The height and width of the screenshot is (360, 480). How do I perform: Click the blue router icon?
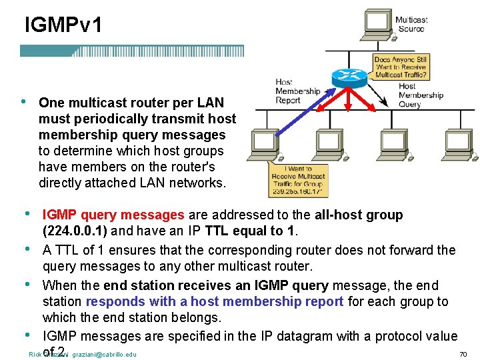[349, 77]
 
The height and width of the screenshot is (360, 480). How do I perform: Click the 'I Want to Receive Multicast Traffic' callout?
[296, 180]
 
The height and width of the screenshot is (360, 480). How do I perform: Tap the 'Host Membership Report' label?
[297, 91]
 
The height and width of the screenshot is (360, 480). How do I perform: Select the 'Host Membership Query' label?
[420, 95]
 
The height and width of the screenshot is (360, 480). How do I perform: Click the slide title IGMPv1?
[63, 26]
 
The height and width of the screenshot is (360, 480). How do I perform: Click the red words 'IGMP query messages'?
[113, 215]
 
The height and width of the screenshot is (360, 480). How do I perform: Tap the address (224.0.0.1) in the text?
[74, 231]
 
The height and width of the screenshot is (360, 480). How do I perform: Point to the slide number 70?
[463, 355]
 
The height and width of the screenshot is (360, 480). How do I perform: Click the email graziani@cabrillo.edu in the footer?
[104, 355]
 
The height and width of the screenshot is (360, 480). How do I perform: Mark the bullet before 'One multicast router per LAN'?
[23, 102]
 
